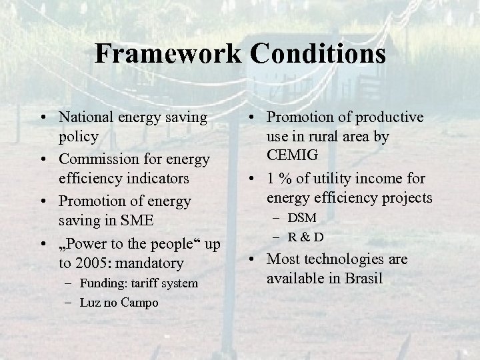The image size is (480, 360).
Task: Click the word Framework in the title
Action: (166, 53)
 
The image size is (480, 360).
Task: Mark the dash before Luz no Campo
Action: (69, 303)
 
